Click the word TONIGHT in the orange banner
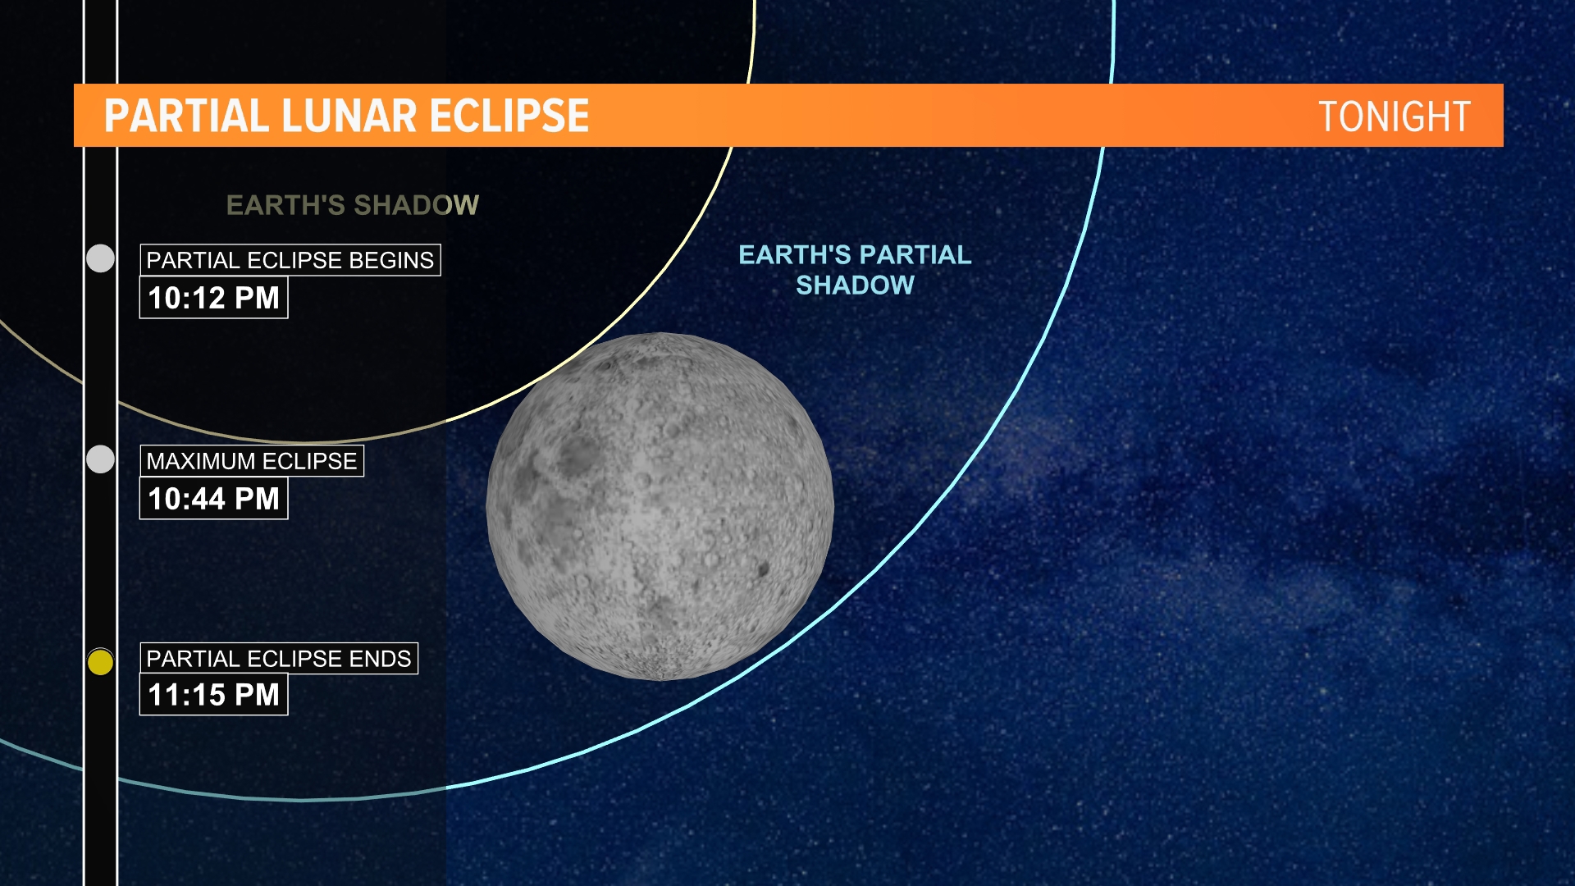click(1394, 116)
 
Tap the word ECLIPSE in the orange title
click(509, 116)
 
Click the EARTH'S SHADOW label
click(352, 205)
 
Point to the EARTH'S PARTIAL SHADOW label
click(855, 270)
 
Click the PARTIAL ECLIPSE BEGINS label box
click(290, 260)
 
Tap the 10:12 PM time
click(213, 298)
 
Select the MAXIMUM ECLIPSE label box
click(251, 461)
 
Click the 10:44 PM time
click(213, 499)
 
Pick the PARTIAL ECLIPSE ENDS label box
click(278, 659)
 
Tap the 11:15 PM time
click(213, 695)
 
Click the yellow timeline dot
click(100, 661)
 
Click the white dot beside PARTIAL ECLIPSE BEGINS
click(100, 258)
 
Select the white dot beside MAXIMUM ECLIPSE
click(100, 459)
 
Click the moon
click(660, 506)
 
